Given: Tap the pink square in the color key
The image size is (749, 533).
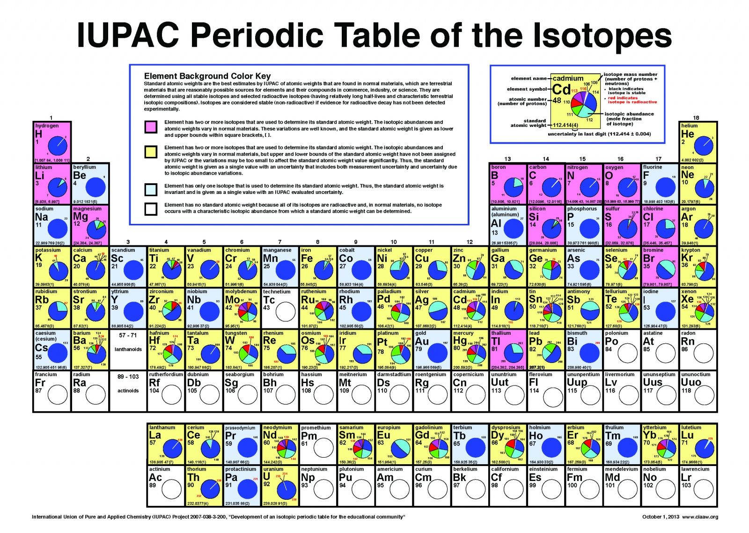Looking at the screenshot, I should point(151,126).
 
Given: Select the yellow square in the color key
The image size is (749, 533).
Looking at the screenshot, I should point(151,152).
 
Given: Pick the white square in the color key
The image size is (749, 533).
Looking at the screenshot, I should point(151,208).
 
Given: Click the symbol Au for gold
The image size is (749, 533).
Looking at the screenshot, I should point(421,341).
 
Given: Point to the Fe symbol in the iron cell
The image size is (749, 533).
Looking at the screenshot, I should point(307,259).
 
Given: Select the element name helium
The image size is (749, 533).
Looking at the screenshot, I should point(689,126).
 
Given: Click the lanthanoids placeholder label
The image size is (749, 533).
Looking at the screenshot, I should point(128,349).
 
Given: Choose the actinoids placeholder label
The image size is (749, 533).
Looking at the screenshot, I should point(128,391).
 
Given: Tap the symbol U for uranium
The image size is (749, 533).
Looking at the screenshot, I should point(266,477).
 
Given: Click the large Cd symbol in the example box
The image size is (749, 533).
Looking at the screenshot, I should point(561,89).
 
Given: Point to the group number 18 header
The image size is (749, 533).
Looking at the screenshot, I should point(696,118).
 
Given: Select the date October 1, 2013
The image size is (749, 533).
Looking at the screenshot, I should point(661,517).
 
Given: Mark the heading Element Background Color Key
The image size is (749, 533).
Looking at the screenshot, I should point(207,76).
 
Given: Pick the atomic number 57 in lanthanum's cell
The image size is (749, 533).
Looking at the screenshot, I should point(153,443).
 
